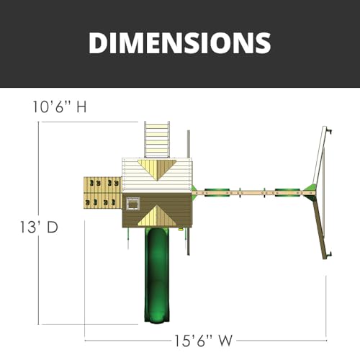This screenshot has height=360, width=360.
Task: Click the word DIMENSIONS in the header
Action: (180, 43)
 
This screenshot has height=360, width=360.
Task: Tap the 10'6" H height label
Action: (60, 107)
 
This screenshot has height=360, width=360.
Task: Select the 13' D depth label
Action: (39, 227)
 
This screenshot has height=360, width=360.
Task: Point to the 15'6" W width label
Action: (203, 341)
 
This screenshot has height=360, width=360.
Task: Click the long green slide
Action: (156, 275)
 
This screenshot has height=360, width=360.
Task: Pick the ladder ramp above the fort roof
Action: (157, 140)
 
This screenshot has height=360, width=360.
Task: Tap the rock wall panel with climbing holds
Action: (103, 193)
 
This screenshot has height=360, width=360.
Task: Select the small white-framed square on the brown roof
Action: (132, 204)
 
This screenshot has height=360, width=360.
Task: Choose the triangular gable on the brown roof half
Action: (157, 215)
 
